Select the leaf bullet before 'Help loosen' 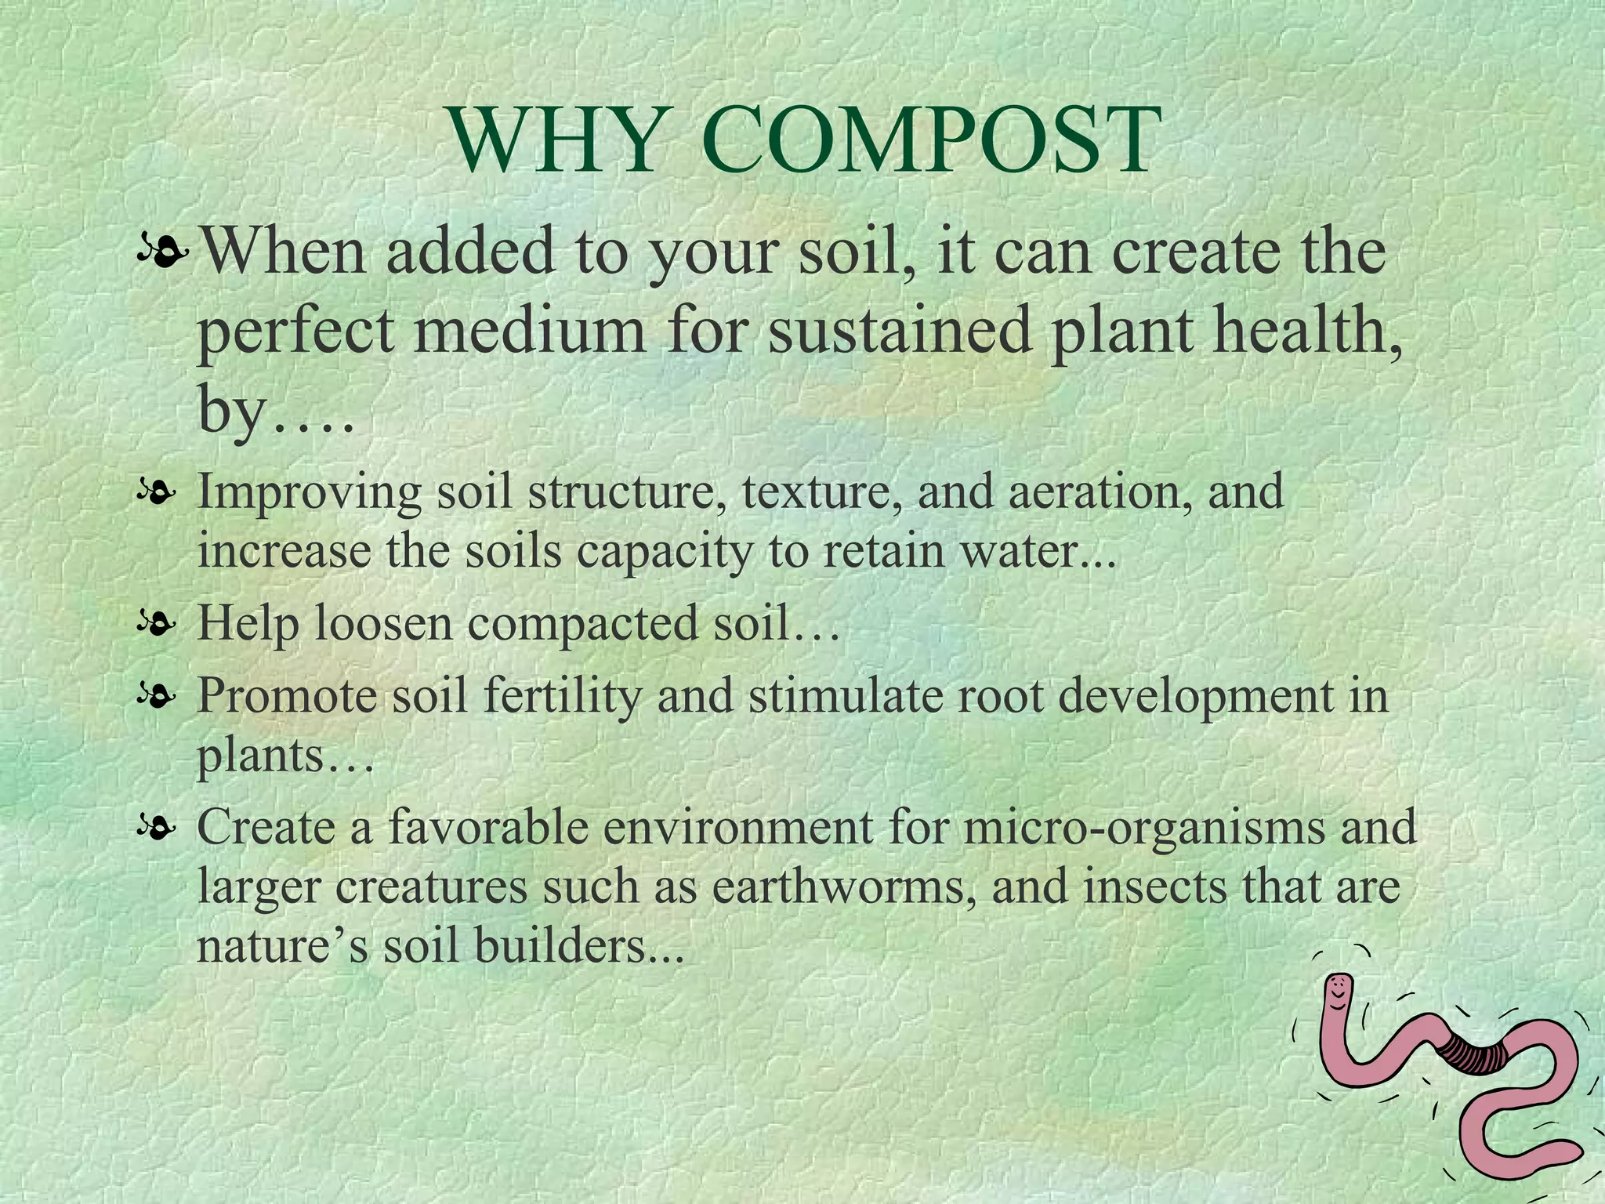[x=154, y=625]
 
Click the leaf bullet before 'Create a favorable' [x=154, y=827]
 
